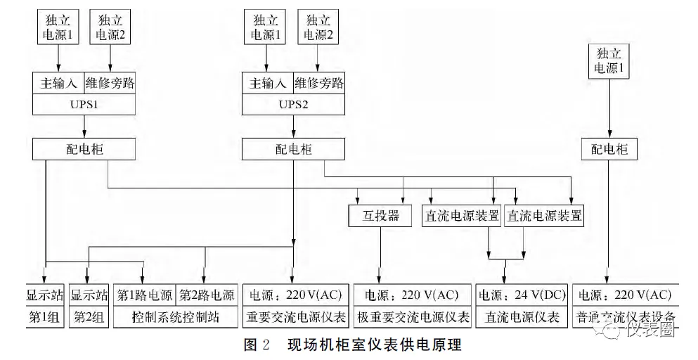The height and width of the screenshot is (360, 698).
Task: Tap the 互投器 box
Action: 380,215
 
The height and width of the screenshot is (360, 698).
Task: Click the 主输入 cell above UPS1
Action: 58,82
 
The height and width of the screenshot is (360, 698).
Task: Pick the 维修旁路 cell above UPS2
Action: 320,82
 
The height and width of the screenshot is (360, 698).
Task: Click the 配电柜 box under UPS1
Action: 84,149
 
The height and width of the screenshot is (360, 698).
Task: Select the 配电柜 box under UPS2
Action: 294,149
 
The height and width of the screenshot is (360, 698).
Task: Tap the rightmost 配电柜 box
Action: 609,149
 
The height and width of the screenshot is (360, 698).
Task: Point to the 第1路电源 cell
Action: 145,295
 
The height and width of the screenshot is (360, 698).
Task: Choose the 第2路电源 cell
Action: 206,295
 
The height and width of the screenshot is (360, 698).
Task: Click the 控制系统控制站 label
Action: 175,317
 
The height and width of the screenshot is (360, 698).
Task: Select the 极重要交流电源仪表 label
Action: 413,317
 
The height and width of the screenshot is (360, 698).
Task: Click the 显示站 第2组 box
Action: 89,306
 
